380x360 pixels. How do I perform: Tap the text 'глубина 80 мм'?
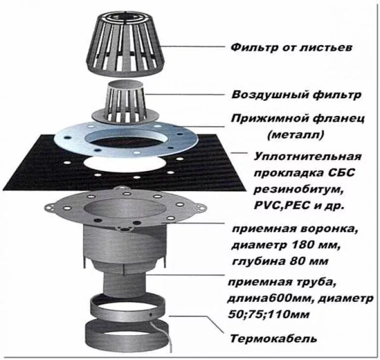point(279,261)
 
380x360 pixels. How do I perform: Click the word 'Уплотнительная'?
point(307,157)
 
